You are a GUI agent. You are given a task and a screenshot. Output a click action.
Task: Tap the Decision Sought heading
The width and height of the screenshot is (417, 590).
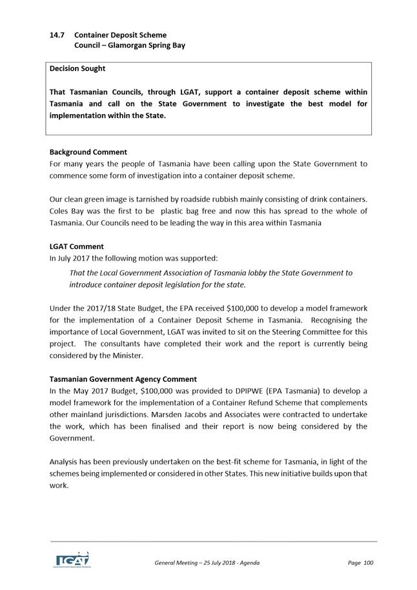77,68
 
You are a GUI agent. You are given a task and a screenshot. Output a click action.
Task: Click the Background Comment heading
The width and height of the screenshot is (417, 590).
88,152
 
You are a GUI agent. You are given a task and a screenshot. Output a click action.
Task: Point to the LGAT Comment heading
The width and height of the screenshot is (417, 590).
77,246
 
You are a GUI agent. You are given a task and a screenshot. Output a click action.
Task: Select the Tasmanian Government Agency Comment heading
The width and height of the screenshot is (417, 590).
123,379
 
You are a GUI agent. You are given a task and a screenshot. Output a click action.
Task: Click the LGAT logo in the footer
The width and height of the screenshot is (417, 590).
72,560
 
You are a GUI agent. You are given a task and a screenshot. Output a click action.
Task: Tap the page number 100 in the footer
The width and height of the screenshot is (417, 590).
368,563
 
